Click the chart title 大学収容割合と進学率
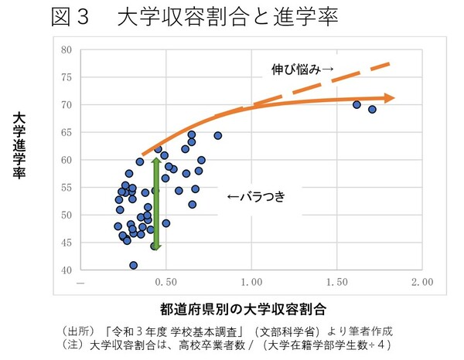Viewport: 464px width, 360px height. coord(227,18)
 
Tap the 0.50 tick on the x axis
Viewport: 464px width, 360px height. coord(163,284)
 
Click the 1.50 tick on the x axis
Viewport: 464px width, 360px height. coord(336,284)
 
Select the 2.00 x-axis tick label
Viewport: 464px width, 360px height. coord(422,284)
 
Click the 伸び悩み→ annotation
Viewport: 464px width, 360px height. coord(302,70)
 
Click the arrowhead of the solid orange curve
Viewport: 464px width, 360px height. coord(391,98)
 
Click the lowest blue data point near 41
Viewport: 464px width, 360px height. coord(134,265)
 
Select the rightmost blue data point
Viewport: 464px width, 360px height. coord(372,109)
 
